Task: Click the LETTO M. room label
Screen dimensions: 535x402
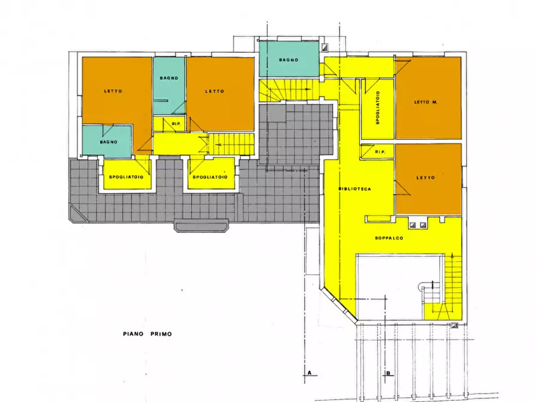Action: [425, 102]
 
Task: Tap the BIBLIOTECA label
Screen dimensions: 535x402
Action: [355, 188]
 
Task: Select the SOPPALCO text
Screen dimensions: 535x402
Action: [389, 238]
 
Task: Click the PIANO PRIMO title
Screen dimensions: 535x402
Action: [147, 334]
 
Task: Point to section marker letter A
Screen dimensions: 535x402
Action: [310, 372]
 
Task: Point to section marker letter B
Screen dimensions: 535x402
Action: [388, 373]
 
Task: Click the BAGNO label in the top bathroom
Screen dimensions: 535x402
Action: [289, 60]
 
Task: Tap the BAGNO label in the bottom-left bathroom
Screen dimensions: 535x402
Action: [108, 142]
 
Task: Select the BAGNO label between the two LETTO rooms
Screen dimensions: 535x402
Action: [169, 78]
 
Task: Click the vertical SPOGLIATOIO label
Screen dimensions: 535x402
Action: [377, 107]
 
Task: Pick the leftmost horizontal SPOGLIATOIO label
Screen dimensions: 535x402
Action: [126, 177]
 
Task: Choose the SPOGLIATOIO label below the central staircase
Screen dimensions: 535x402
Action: [210, 177]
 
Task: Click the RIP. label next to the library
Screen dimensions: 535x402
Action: [380, 152]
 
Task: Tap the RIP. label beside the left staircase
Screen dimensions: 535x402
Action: [176, 124]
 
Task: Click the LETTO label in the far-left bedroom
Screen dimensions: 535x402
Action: [113, 91]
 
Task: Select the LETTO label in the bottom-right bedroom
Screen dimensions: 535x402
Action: [425, 178]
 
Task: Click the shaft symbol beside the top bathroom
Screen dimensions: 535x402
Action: [324, 47]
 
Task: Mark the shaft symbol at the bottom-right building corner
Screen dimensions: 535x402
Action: [454, 325]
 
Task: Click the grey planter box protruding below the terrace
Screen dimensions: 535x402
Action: [201, 226]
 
